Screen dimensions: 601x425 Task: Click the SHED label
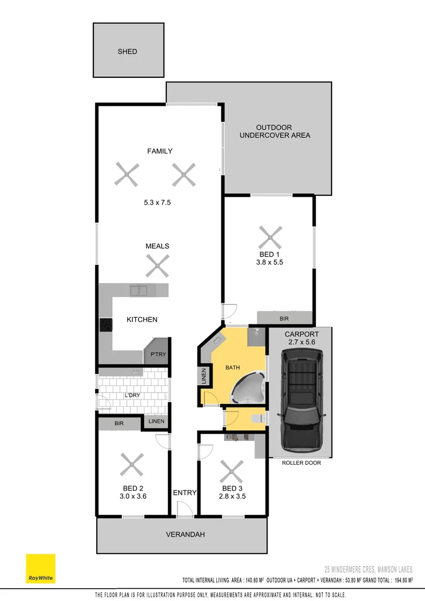click(x=127, y=52)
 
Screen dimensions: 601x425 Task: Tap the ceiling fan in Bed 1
click(x=271, y=238)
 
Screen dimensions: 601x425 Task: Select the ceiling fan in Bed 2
click(x=132, y=464)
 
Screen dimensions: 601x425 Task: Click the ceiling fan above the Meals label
click(x=157, y=265)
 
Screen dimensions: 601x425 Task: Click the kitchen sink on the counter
click(x=139, y=290)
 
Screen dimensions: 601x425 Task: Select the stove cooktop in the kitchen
click(x=106, y=324)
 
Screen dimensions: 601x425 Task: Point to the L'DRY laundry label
click(x=132, y=395)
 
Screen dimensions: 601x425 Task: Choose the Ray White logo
click(x=41, y=568)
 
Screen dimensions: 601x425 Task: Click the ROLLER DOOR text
click(x=301, y=462)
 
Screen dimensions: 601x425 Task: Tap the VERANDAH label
click(x=186, y=534)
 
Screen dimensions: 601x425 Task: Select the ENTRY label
click(x=185, y=492)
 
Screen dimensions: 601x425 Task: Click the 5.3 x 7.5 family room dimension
click(x=157, y=203)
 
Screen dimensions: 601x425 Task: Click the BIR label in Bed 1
click(x=284, y=319)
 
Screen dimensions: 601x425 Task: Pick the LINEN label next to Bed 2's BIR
click(x=156, y=421)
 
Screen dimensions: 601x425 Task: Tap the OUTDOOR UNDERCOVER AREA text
click(x=274, y=131)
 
